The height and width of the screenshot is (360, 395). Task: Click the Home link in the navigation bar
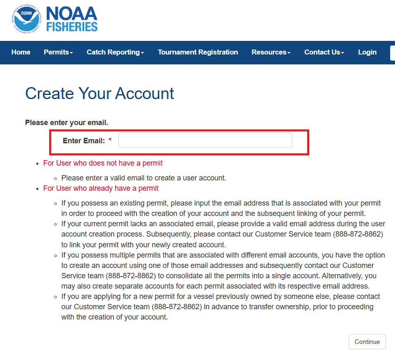tap(21, 52)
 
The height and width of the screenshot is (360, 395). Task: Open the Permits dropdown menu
tap(58, 52)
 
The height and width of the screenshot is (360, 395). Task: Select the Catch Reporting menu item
tap(115, 52)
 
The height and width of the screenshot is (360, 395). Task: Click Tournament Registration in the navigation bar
tap(198, 52)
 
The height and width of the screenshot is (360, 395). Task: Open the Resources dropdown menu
tap(271, 52)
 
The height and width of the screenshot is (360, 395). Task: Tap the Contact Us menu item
tap(324, 52)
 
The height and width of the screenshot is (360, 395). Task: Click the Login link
tap(367, 52)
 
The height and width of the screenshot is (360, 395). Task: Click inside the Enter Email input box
tap(205, 140)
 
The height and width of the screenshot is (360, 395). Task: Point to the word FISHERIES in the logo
tap(72, 27)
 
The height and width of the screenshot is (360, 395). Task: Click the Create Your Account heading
tap(99, 94)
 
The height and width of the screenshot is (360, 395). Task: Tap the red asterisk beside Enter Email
tap(110, 141)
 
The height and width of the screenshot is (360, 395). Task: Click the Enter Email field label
tap(84, 141)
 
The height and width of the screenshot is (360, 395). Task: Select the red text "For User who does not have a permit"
tap(103, 163)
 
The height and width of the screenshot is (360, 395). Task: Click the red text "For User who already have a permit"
tap(101, 188)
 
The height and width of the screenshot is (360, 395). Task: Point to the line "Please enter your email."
tap(66, 123)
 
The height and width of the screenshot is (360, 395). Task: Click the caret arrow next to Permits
tap(71, 53)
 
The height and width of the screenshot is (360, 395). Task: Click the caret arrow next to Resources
tap(289, 53)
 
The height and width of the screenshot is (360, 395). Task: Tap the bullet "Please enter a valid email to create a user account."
tap(144, 178)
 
